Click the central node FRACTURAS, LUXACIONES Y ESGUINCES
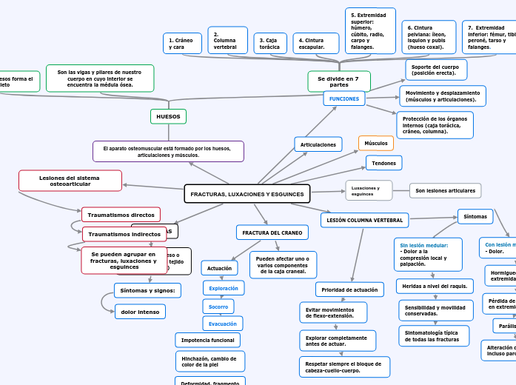[x=247, y=194]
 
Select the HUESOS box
[x=168, y=116]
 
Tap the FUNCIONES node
[x=344, y=98]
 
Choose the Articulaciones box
[x=318, y=144]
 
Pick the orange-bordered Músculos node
[x=376, y=143]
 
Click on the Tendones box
[x=383, y=162]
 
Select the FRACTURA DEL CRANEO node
[x=272, y=232]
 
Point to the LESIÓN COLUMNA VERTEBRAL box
[x=364, y=220]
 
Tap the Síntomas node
[x=475, y=216]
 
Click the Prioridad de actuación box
[x=349, y=289]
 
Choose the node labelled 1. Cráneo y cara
[x=181, y=44]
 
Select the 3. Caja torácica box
[x=269, y=44]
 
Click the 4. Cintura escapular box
[x=315, y=44]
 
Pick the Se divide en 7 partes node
[x=338, y=81]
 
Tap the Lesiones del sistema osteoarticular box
[x=70, y=181]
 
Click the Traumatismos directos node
[x=121, y=215]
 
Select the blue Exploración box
[x=223, y=288]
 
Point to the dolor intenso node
[x=140, y=312]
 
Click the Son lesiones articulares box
[x=445, y=190]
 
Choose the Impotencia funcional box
[x=207, y=340]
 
